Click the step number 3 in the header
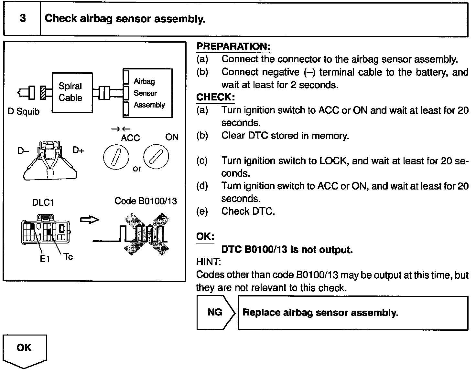point(22,18)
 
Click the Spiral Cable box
point(72,92)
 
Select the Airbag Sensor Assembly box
point(147,93)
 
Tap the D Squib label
point(23,112)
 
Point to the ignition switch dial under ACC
point(116,158)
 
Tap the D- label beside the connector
point(23,151)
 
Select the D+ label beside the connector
point(78,150)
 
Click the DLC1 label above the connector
point(43,202)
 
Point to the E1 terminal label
point(45,259)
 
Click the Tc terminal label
point(68,257)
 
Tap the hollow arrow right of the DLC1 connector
point(89,220)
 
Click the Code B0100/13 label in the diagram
point(146,201)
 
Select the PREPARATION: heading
point(233,46)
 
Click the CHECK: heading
point(215,97)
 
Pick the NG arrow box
point(215,312)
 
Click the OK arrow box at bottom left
point(25,350)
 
